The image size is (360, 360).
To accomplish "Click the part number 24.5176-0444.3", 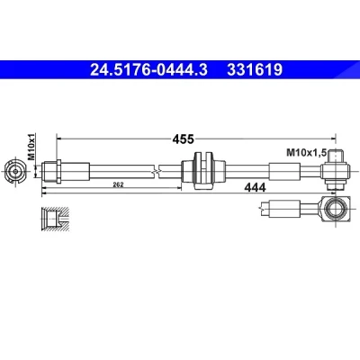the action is pos(148,70).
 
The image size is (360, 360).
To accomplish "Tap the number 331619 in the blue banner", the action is pos(255,70).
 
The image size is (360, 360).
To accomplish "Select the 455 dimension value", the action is pos(183,139).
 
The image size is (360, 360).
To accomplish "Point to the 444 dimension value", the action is pos(255,188).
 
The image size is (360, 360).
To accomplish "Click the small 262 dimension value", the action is pos(118,184).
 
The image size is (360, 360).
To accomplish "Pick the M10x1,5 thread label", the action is pos(306,153).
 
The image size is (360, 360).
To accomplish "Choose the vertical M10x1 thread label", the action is pos(31,147).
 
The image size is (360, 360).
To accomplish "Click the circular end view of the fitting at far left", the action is pos(15,172).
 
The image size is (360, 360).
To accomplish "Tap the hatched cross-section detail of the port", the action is pos(56,219).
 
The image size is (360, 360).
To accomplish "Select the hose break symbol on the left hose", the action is pos(156,171).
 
